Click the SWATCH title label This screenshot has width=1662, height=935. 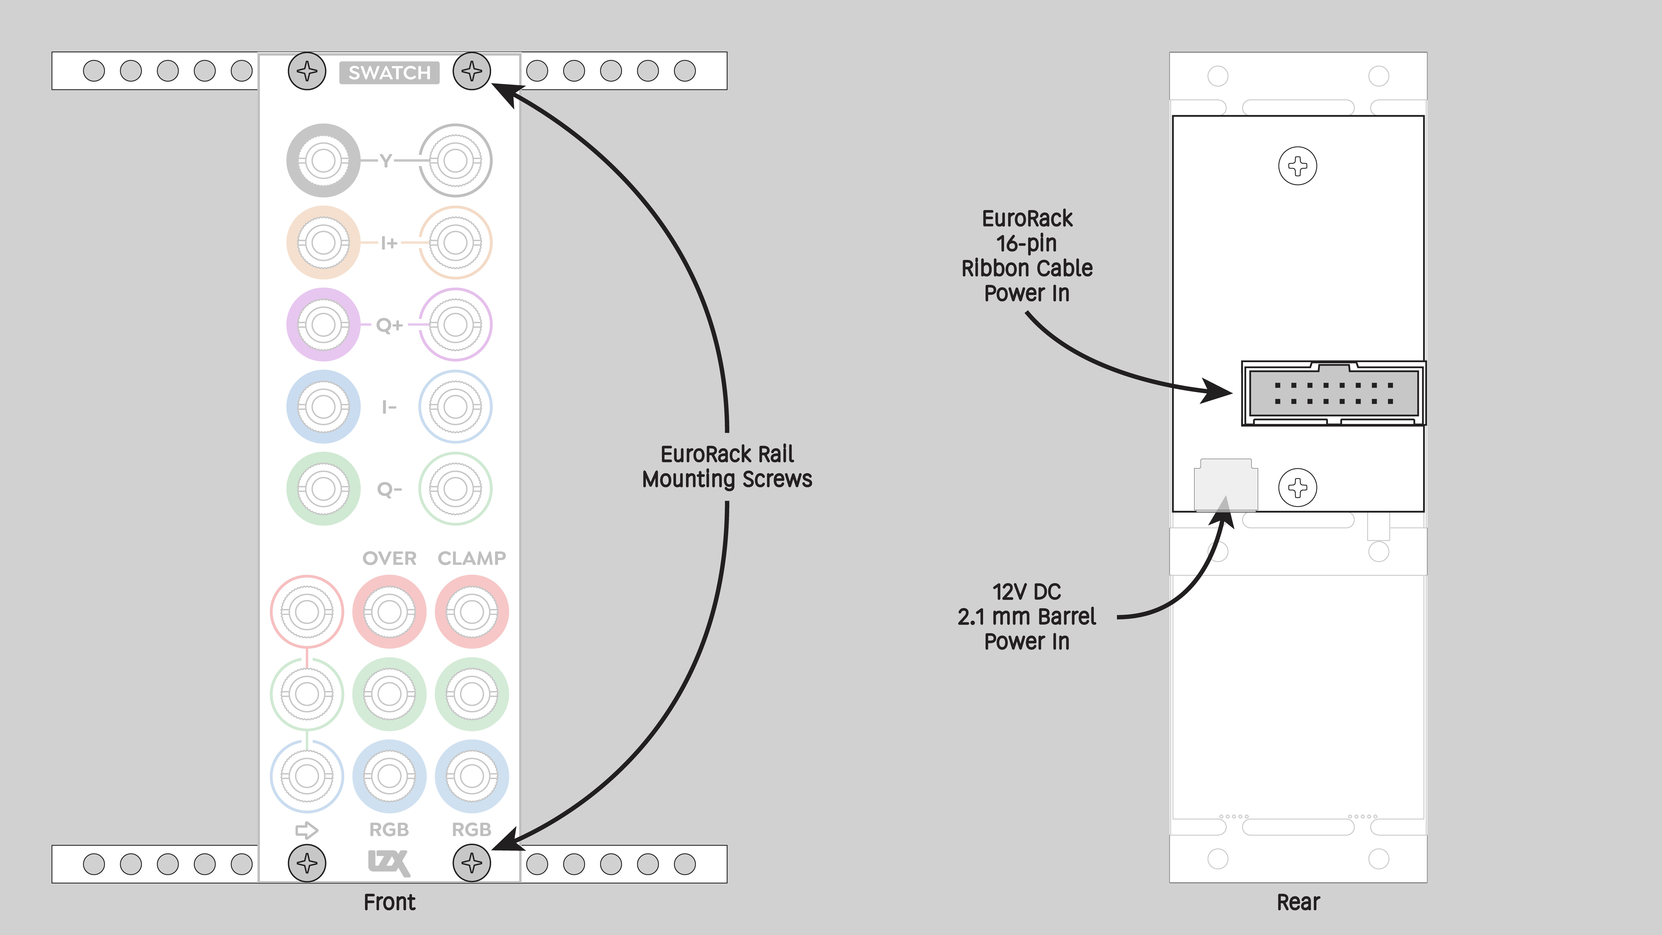389,72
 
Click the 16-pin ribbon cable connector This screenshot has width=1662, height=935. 1333,393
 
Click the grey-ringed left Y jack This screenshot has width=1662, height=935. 323,160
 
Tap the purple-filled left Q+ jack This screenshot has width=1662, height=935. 323,325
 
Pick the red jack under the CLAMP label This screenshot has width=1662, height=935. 472,612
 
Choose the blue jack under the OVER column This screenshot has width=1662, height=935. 389,776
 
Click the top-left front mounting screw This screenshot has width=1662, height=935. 307,71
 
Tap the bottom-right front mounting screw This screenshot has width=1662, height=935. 472,863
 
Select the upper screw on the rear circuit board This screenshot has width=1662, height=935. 1297,166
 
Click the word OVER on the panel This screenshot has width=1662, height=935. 389,558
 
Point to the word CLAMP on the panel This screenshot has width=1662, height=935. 472,558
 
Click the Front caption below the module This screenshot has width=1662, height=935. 389,902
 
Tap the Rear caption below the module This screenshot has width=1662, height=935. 1298,902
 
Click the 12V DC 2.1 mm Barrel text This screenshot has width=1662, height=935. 1026,604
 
